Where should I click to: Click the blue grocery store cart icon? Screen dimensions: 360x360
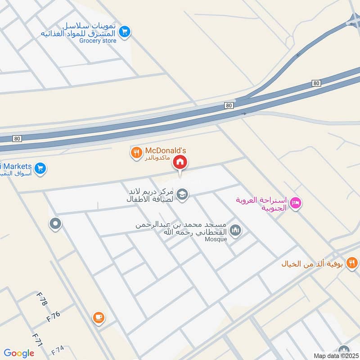(125, 31)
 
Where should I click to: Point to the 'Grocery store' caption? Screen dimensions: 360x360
(98, 41)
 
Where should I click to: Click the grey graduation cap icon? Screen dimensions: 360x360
(182, 194)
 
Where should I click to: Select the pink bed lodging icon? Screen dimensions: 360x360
(295, 203)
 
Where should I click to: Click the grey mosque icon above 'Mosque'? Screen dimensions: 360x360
(235, 231)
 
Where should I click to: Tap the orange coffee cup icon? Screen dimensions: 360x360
(98, 318)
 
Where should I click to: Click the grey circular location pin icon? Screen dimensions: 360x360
(55, 223)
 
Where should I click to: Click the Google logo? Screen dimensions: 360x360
(19, 353)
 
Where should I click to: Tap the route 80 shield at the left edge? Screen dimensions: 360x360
(17, 139)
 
